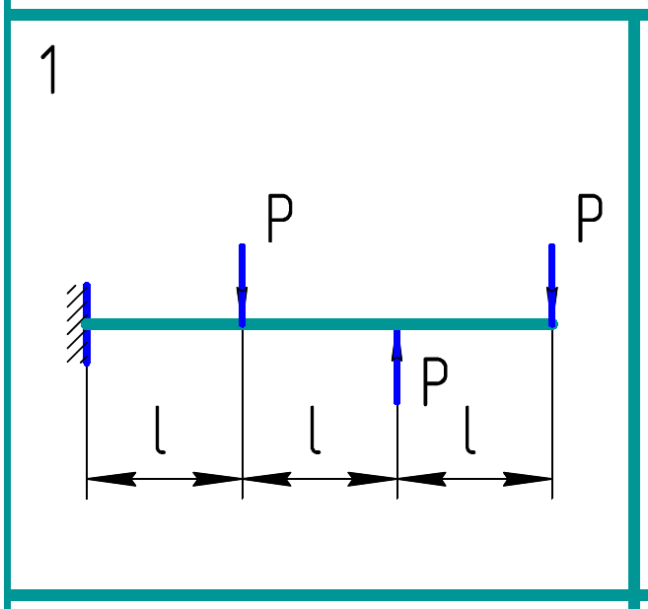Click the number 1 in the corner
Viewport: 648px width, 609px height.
[x=48, y=71]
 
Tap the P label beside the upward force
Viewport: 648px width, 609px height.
[x=435, y=382]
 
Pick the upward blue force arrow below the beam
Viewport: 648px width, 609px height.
[x=396, y=370]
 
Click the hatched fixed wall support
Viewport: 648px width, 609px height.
[x=74, y=323]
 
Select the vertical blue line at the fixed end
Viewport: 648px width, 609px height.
[x=87, y=323]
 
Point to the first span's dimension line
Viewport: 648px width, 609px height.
[x=165, y=480]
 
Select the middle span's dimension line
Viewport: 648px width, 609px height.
[x=320, y=480]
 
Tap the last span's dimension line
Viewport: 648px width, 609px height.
[x=474, y=480]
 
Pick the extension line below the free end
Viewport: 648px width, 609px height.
[x=552, y=414]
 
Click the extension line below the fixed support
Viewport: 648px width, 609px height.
[x=87, y=434]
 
